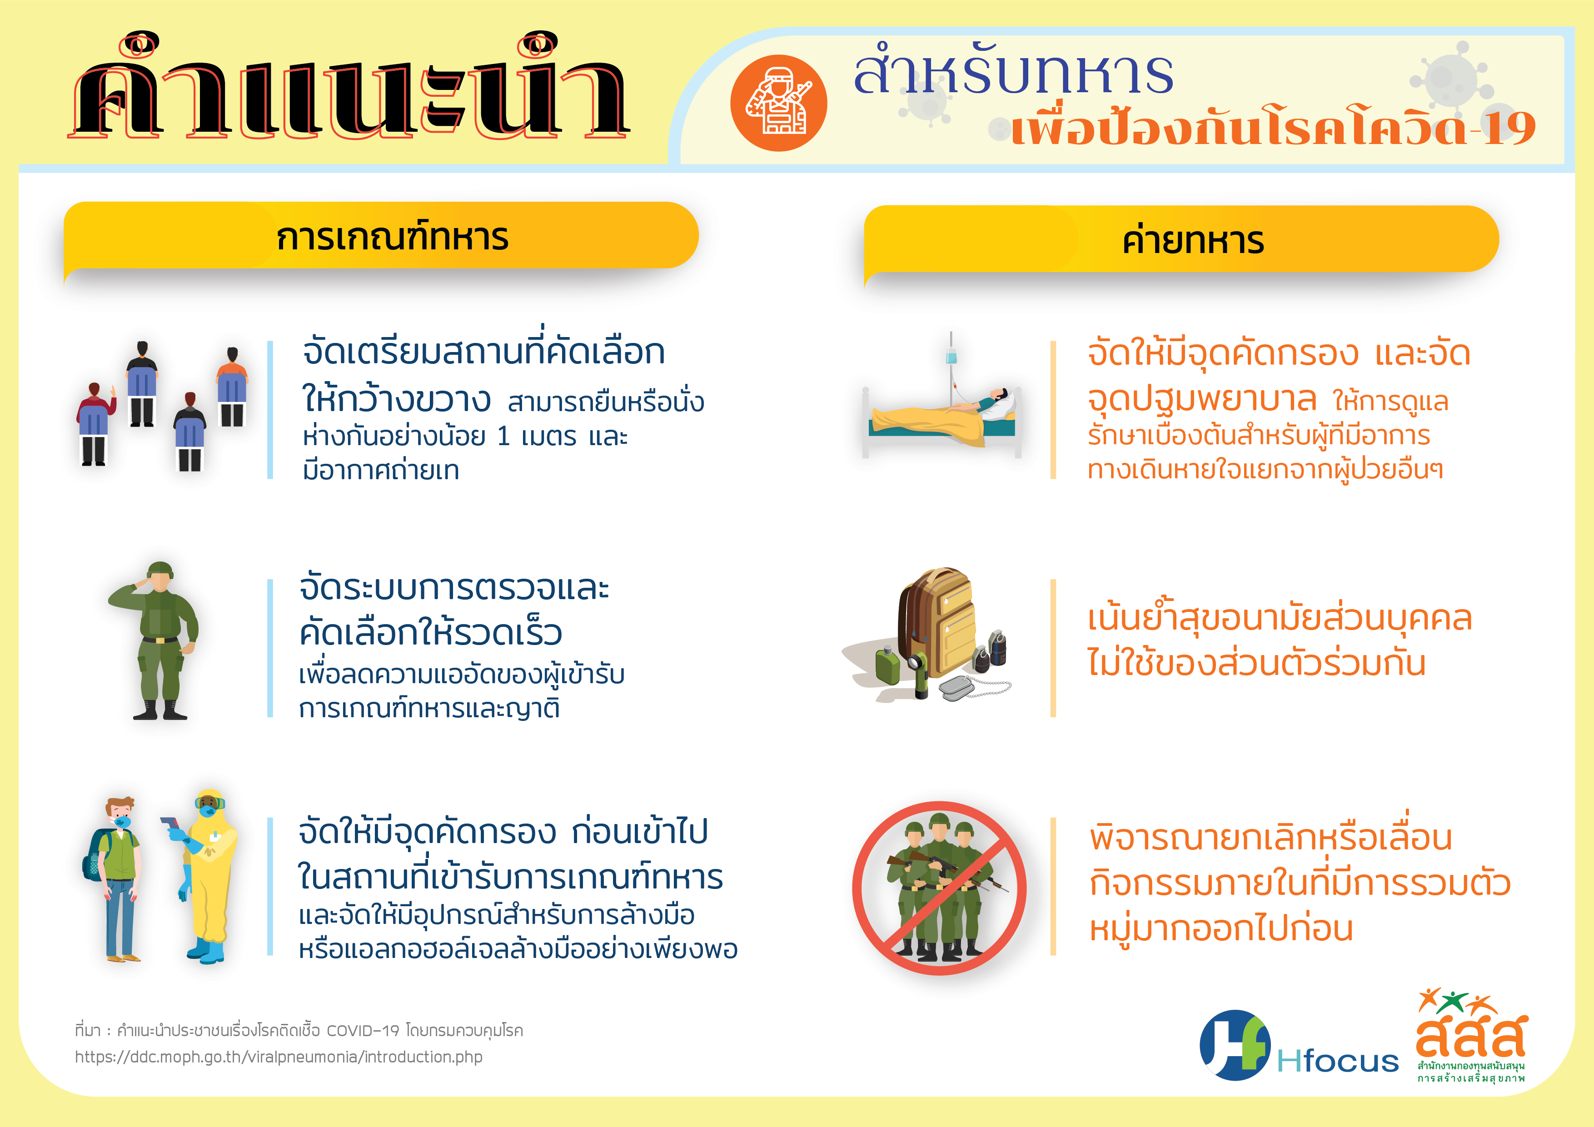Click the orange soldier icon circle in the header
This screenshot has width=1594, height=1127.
[x=778, y=103]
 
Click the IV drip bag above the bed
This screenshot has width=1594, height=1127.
[x=951, y=355]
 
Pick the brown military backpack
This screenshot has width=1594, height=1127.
[x=937, y=621]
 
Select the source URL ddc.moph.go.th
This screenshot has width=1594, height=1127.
[x=279, y=1057]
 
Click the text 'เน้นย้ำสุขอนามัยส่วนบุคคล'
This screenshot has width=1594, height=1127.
[x=1280, y=618]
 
